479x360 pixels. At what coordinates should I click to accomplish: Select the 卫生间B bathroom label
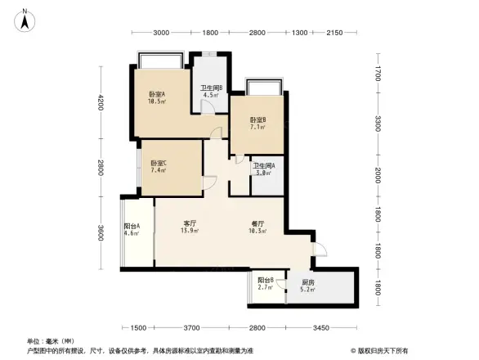coord(212,88)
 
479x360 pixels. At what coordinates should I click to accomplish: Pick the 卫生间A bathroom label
coord(263,166)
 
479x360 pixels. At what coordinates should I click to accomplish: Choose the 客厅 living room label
coord(191,223)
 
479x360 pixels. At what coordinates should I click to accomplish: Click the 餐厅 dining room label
coord(257,223)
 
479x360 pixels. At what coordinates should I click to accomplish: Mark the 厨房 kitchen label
coord(306,281)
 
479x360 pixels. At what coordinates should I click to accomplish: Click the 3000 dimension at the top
coord(161,33)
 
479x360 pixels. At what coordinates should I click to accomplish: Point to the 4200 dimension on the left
coord(101,103)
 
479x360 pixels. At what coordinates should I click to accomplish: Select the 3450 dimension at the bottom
coord(321,328)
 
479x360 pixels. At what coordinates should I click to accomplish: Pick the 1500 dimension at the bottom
coord(138,328)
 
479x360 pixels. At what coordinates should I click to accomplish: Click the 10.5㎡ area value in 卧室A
coord(157,101)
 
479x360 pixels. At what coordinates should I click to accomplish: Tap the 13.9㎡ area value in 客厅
coord(191,232)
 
